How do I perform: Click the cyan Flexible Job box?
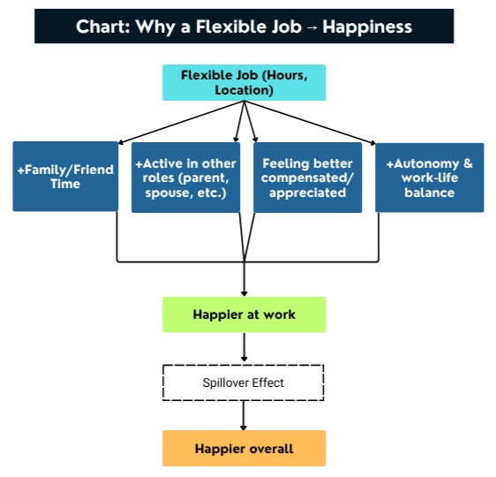244,82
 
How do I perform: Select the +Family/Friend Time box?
65,177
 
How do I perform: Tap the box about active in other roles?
184,178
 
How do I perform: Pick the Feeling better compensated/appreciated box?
307,178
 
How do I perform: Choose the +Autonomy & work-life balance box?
429,178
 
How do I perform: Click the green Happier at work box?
244,314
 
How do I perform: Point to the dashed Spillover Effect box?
244,382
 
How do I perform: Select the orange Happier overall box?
244,449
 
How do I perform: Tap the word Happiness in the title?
367,26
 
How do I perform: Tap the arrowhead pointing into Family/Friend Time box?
120,141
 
